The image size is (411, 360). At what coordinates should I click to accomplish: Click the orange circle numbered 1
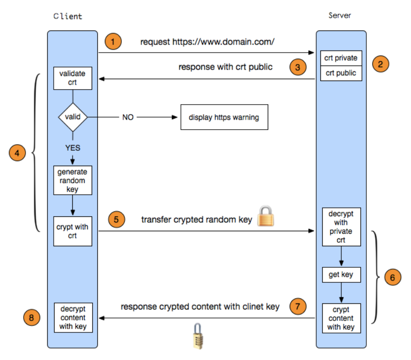pos(113,42)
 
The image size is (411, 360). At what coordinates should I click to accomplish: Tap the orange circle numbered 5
pos(116,219)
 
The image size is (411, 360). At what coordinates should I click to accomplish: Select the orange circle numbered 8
pos(32,317)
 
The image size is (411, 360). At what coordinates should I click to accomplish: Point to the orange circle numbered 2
pos(380,64)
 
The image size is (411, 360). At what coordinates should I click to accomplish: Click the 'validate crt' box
pos(73,78)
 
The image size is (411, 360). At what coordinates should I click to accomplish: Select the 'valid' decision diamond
pos(73,117)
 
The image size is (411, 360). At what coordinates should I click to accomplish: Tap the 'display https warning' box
pos(224,117)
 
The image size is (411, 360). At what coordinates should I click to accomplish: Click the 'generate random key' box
pos(73,180)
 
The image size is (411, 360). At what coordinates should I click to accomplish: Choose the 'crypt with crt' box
pos(73,231)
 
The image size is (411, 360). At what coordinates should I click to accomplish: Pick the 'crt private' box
pos(341,58)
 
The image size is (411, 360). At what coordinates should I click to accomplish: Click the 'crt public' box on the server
pos(341,73)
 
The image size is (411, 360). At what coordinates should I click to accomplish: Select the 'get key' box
pos(341,275)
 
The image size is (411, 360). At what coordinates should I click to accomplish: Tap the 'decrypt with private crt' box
pos(341,227)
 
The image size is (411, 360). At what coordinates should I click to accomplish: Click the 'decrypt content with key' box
pos(73,317)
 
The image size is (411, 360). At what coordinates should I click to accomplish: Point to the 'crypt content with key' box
pos(341,318)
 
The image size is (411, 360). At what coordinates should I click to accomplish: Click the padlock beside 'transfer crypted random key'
pos(266,216)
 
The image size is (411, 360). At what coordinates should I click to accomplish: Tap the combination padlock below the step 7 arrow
pos(198,336)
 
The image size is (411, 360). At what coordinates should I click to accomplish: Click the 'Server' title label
pos(340,16)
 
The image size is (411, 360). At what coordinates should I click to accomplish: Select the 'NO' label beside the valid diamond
pos(128,117)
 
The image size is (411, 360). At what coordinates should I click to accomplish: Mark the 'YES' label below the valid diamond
pos(73,148)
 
